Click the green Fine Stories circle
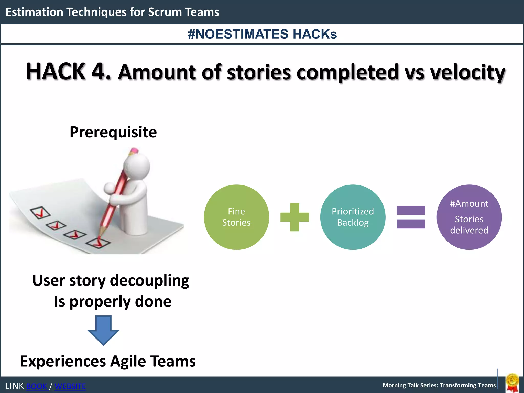(236, 217)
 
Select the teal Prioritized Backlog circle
(353, 217)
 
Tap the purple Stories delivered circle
(469, 217)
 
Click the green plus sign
(294, 217)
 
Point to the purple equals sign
(411, 217)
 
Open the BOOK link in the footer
(37, 386)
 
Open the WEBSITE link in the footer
(70, 386)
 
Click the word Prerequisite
(113, 132)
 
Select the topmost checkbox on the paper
(40, 212)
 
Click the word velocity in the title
(467, 72)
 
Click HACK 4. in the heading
(69, 72)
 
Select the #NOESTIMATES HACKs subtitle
(262, 34)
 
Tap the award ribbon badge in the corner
(512, 383)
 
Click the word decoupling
(150, 281)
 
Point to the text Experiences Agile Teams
(108, 361)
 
